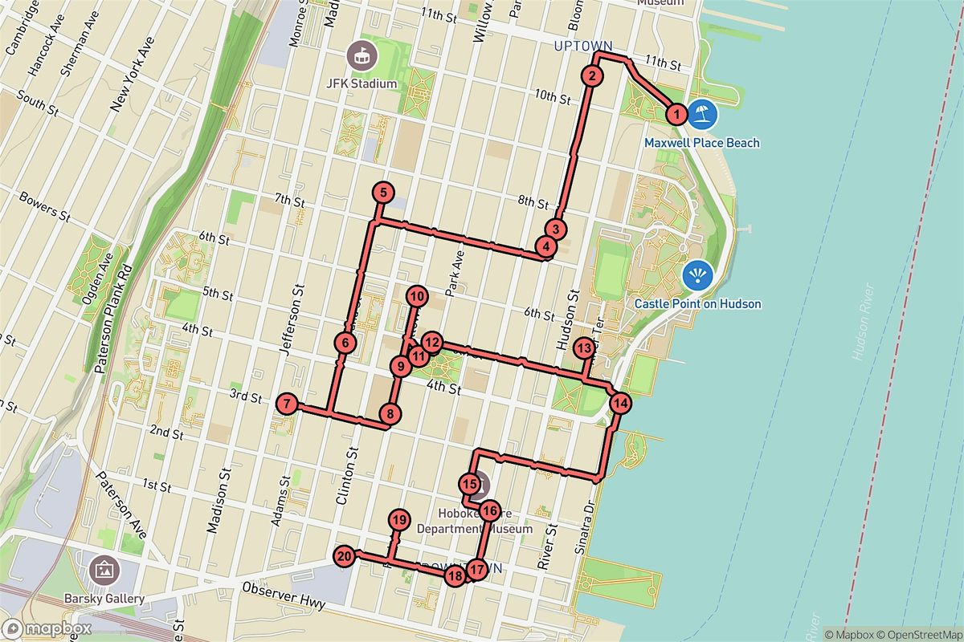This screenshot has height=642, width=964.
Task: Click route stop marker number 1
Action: click(x=677, y=115)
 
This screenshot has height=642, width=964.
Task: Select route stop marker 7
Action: click(x=286, y=404)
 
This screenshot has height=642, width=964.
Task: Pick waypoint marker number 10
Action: click(x=416, y=296)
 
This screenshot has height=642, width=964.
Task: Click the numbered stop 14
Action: click(x=620, y=403)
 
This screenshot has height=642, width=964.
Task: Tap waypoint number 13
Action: click(x=584, y=348)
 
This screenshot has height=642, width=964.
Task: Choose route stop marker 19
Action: click(x=399, y=520)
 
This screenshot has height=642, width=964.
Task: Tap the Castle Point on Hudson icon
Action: click(x=696, y=275)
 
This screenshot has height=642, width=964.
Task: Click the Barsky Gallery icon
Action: click(x=105, y=571)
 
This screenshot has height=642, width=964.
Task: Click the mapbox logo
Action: click(x=45, y=628)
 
